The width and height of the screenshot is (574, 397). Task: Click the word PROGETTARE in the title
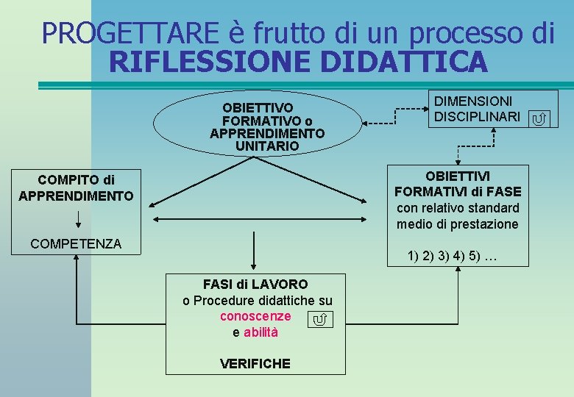(130, 32)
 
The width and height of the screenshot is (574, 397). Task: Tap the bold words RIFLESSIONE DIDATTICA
(297, 62)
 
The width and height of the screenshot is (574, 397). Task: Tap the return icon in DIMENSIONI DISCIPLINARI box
(539, 118)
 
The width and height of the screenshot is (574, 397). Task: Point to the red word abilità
(261, 332)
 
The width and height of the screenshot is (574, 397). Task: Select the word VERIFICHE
(255, 363)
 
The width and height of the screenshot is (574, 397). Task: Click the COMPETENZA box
(76, 244)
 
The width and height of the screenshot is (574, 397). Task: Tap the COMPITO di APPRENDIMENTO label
(76, 187)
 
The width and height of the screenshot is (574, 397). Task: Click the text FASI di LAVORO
(255, 285)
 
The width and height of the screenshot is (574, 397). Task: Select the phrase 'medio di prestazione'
(457, 224)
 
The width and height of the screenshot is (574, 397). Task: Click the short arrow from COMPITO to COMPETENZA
(78, 219)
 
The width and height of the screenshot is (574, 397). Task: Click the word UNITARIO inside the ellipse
(267, 146)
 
